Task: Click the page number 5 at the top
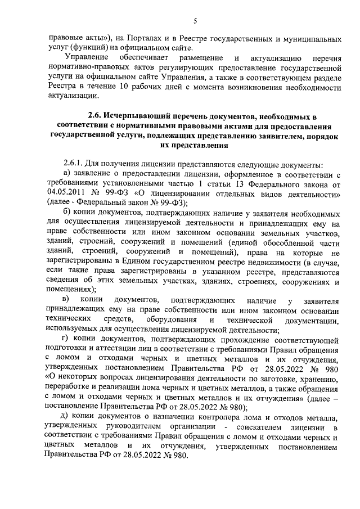(x=195, y=21)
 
